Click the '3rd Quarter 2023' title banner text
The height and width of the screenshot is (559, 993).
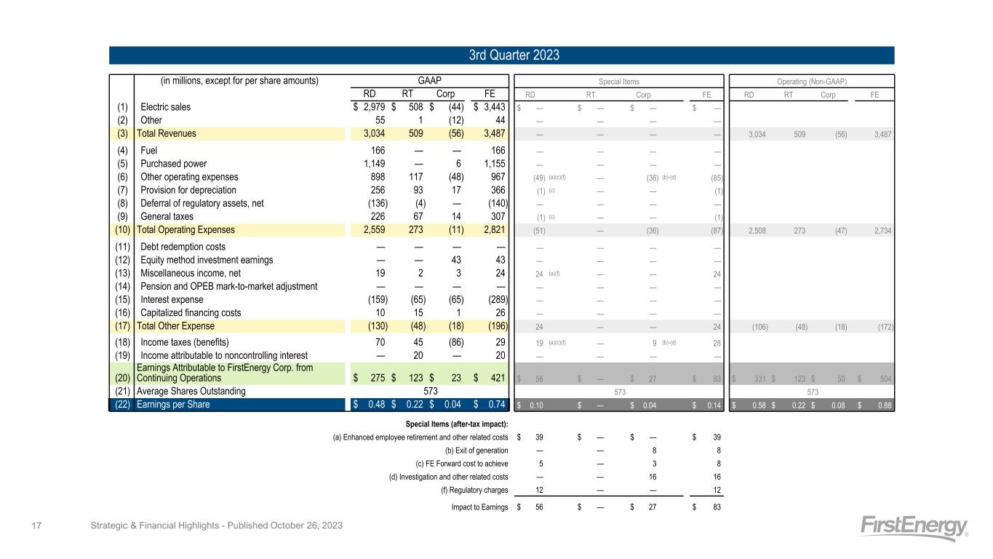click(x=501, y=55)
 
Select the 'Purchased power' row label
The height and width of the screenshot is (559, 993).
click(x=174, y=163)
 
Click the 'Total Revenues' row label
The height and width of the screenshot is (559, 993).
click(x=167, y=133)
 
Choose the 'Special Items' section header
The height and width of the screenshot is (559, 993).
click(x=618, y=81)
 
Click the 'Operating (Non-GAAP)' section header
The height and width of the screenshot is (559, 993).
click(x=811, y=81)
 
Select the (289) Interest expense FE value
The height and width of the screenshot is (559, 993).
click(x=493, y=299)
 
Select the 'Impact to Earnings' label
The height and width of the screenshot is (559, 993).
click(x=479, y=507)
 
